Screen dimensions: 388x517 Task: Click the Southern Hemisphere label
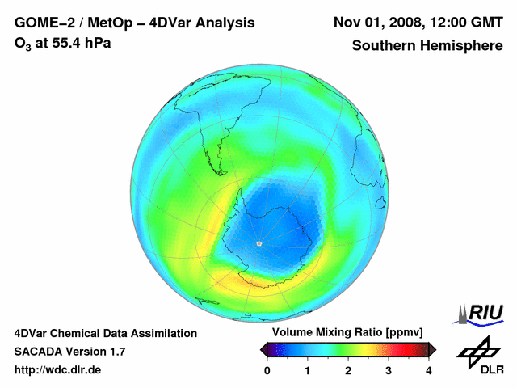click(x=427, y=45)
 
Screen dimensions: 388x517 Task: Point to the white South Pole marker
click(x=258, y=243)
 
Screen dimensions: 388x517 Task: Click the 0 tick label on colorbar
click(x=267, y=370)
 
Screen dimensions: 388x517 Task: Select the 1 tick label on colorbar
click(x=308, y=370)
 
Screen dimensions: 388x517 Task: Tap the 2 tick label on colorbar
click(x=348, y=370)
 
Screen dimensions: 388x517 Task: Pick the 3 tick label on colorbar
click(x=389, y=370)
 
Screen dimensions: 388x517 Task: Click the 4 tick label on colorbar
click(x=429, y=370)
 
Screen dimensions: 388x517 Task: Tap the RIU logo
click(x=482, y=313)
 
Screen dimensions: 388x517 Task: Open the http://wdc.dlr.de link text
click(x=58, y=370)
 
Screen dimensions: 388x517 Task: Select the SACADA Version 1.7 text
click(x=69, y=352)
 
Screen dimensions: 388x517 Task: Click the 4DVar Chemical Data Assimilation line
click(x=105, y=333)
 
